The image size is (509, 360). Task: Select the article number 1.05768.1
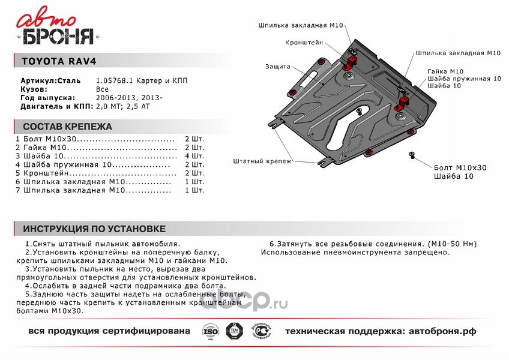[112, 80]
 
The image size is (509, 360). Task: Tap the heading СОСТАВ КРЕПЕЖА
[67, 127]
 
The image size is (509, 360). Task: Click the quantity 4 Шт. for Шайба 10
[195, 155]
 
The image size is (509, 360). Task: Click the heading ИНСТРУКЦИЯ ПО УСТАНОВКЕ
[94, 229]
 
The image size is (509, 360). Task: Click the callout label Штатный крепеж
[262, 161]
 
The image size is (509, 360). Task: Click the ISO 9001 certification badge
[210, 332]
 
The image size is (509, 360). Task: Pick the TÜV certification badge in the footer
[232, 332]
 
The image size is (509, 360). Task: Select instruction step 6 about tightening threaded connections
[355, 244]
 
